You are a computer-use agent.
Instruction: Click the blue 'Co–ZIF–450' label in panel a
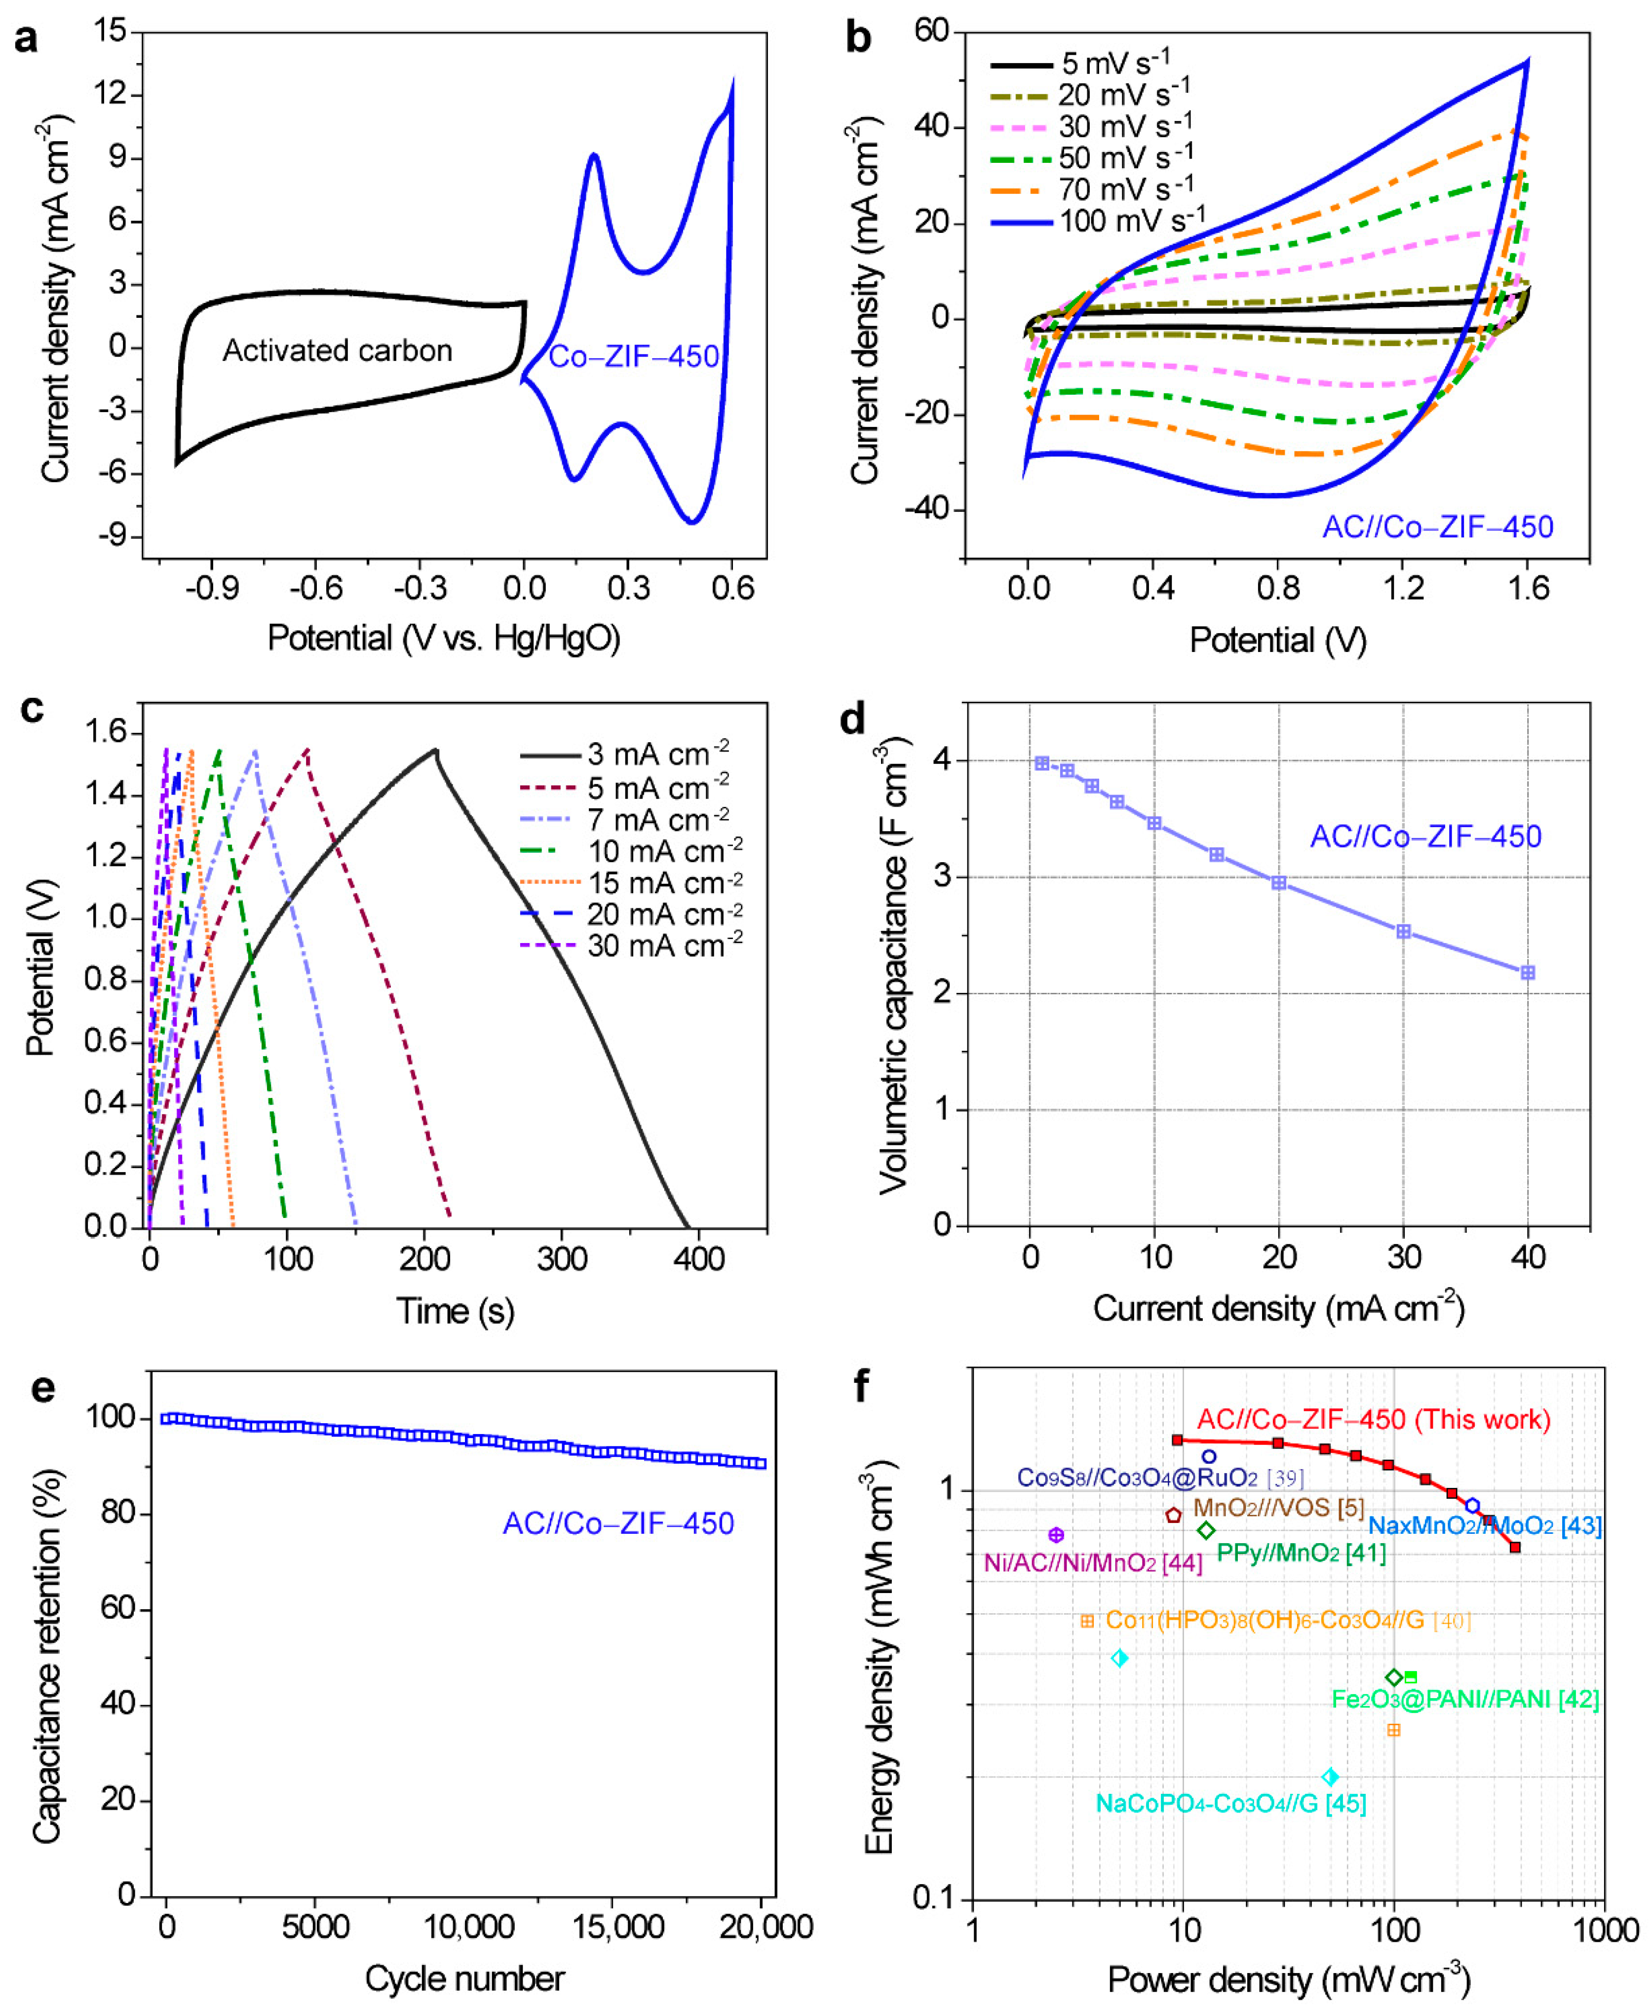tap(633, 356)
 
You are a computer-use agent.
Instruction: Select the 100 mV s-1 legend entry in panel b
tap(1098, 222)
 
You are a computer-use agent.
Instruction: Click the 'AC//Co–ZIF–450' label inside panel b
tap(1437, 527)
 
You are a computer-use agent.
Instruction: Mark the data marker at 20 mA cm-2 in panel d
tap(1278, 883)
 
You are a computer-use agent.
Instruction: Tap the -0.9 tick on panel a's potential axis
tap(211, 588)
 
